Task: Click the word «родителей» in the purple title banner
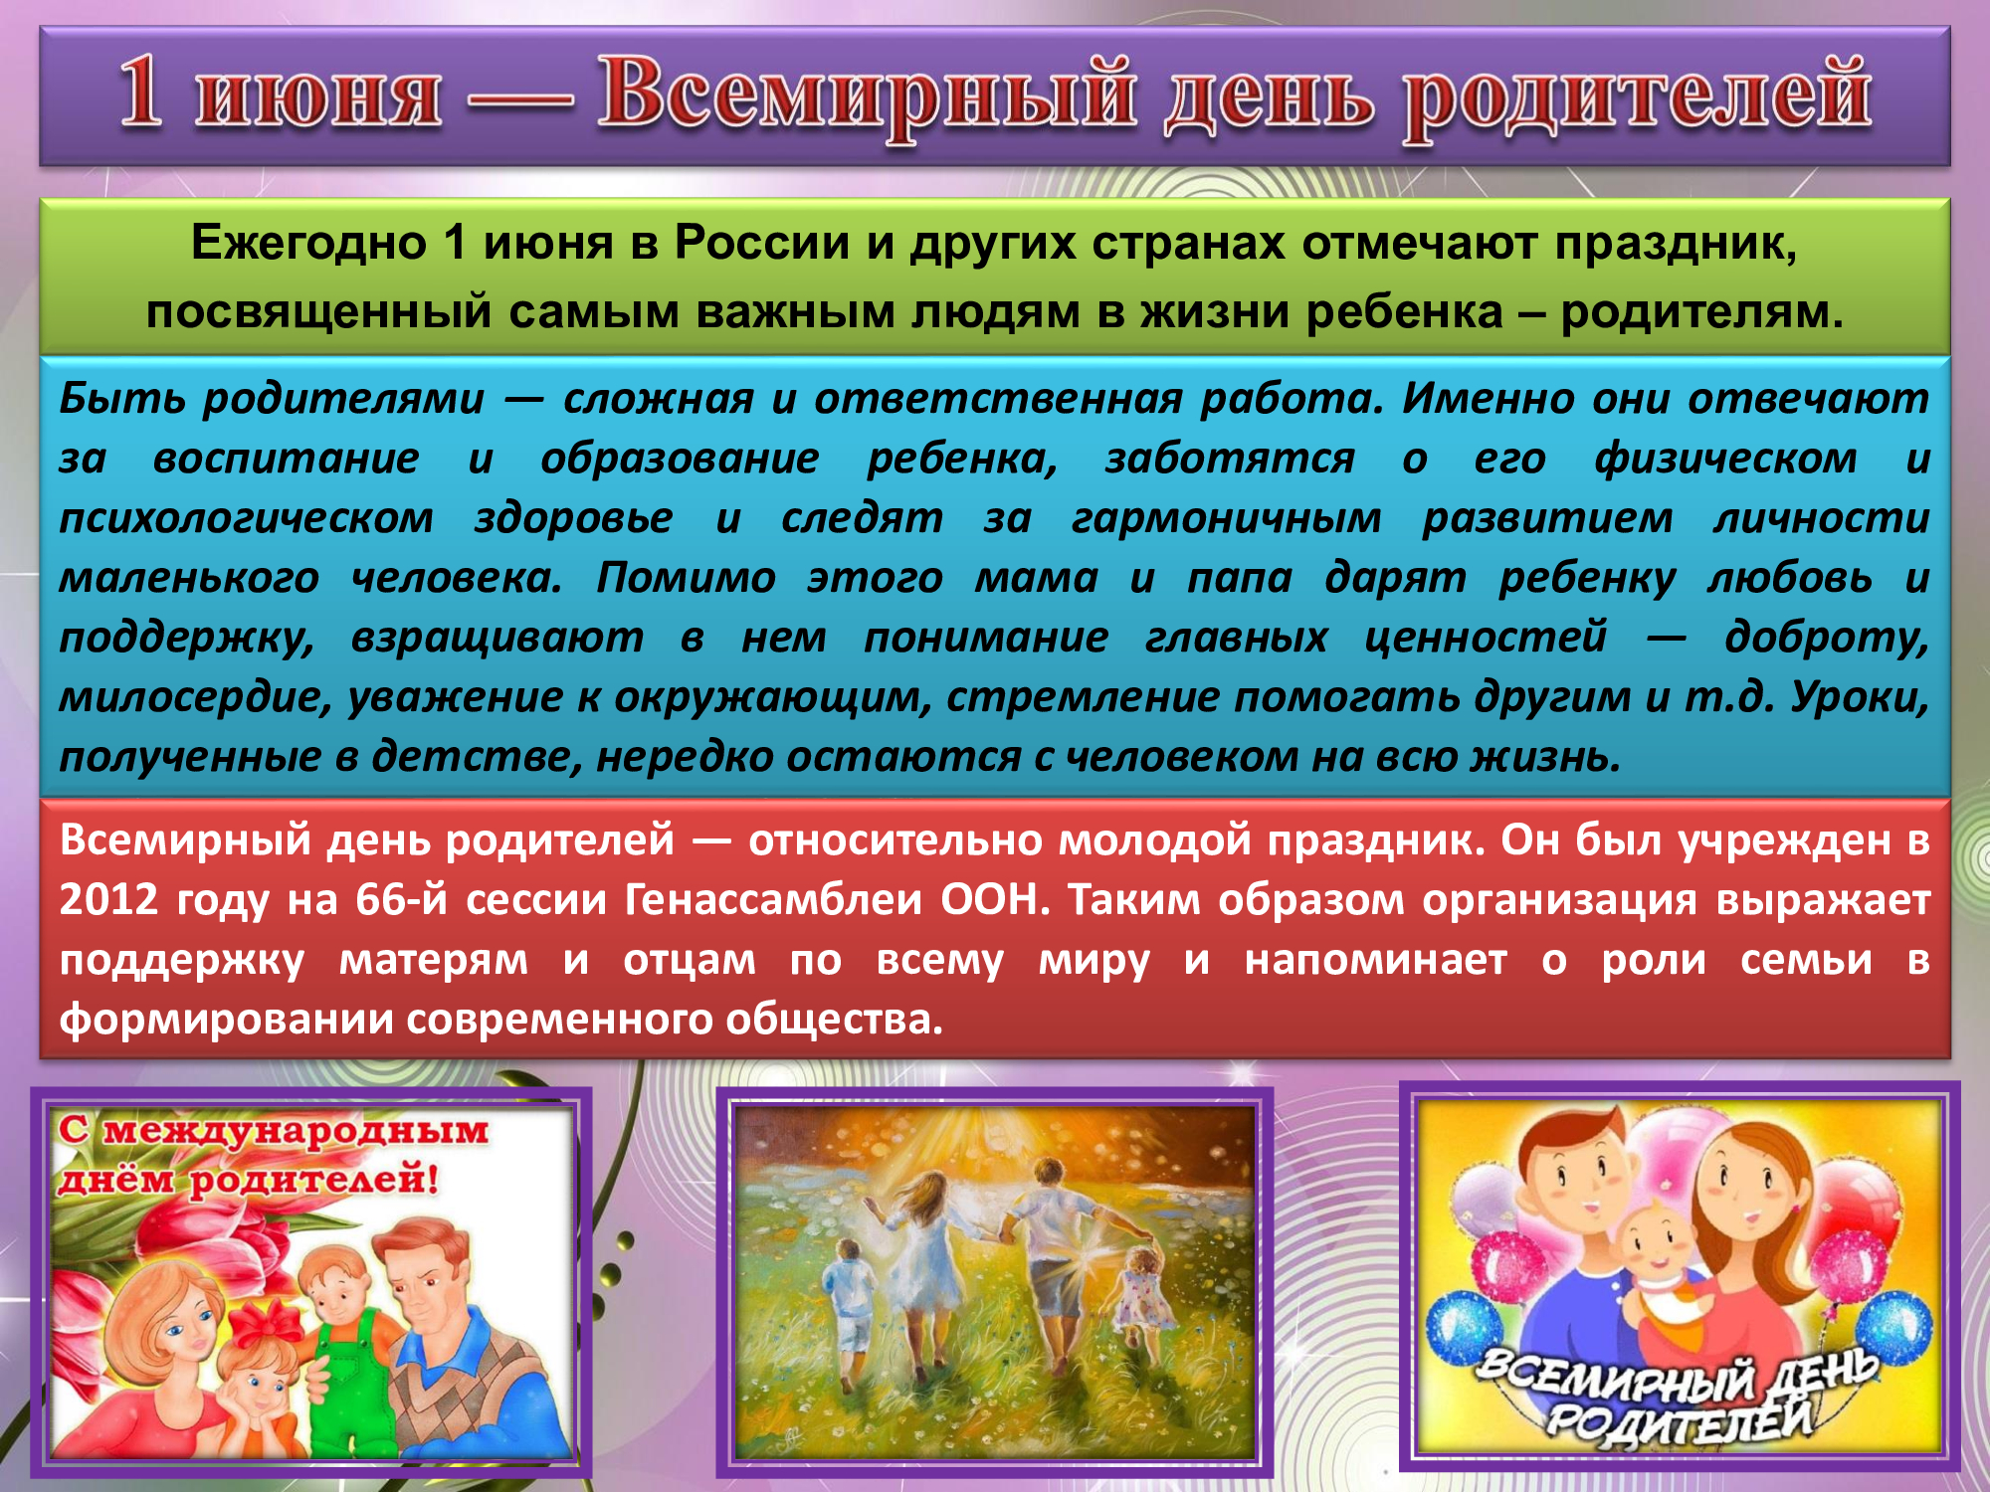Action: (1637, 99)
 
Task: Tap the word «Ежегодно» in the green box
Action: (308, 243)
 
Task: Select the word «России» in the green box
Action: (761, 242)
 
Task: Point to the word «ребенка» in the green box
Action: (1404, 311)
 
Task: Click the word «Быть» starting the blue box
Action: (122, 398)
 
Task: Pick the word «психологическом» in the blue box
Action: (247, 519)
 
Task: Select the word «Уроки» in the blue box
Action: (1859, 698)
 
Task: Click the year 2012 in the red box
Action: (108, 899)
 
